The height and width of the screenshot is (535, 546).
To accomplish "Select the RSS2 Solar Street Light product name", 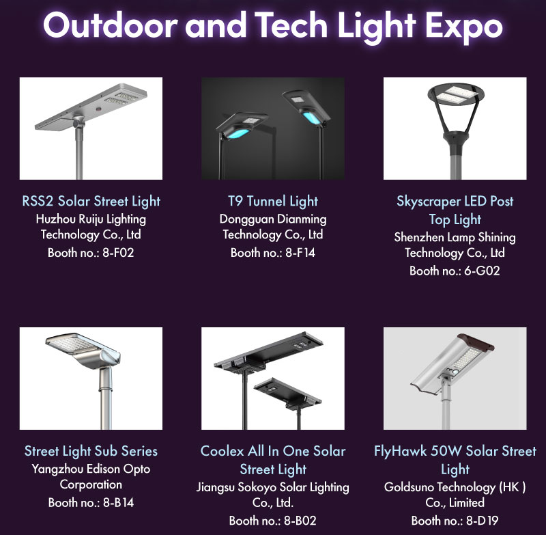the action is click(91, 201).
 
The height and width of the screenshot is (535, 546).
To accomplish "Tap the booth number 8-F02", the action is click(118, 252).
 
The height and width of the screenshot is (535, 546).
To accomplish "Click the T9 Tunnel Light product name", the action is click(273, 201).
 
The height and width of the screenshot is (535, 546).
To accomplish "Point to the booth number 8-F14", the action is click(300, 252).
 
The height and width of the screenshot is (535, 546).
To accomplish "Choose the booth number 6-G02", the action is click(483, 271).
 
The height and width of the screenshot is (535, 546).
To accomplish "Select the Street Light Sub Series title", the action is click(91, 451).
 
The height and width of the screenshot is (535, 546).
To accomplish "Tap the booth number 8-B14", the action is click(118, 502).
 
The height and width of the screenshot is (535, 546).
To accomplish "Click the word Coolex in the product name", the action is click(222, 451).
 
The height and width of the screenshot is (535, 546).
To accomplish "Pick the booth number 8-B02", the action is click(300, 521).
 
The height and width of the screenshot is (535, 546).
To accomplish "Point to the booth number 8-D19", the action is click(483, 521).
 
